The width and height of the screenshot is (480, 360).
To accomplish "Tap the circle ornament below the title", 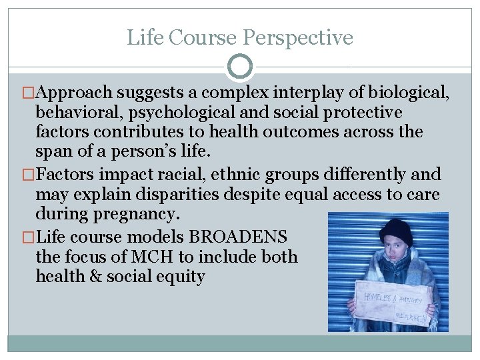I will point(240,67).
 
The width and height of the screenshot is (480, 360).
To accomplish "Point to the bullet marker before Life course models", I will point(29,237).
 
